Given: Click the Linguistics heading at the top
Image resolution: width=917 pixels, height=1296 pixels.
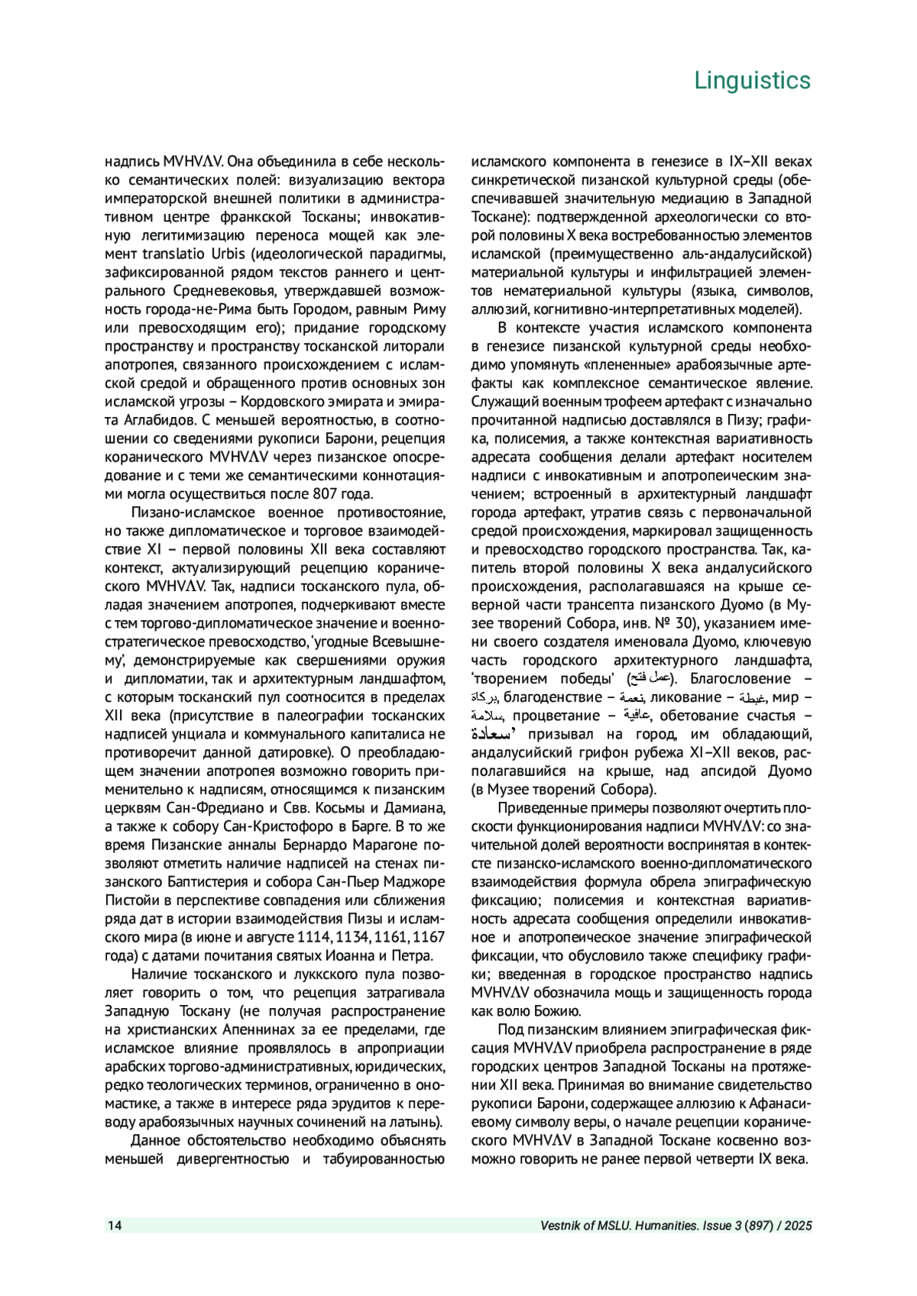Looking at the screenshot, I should coord(752,80).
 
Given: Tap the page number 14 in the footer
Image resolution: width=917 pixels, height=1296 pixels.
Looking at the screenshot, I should coord(114,1226).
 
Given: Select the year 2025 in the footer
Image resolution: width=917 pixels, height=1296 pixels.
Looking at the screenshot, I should coord(797,1226).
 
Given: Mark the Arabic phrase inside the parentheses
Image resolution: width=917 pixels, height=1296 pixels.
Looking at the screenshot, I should coord(651,679).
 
